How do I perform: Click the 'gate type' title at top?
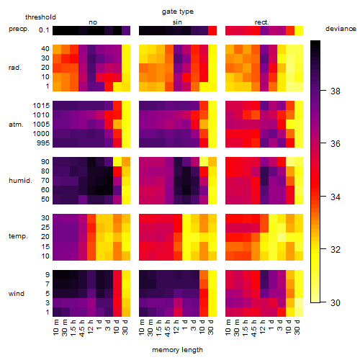click(x=178, y=12)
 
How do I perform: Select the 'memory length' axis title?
click(x=177, y=350)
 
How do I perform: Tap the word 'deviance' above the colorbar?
click(x=341, y=29)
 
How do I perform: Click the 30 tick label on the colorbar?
click(x=336, y=302)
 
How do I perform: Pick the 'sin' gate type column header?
click(x=177, y=22)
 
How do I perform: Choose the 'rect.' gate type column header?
click(x=261, y=22)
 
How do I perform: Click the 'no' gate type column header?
click(x=93, y=22)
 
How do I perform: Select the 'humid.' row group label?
click(x=20, y=181)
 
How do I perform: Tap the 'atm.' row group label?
click(x=16, y=125)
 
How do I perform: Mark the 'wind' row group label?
click(x=17, y=294)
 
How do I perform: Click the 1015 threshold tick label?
click(x=41, y=106)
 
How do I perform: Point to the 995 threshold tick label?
click(x=43, y=143)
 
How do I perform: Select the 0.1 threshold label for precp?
click(x=44, y=30)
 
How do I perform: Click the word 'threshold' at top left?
click(x=40, y=17)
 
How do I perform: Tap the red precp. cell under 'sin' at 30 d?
click(x=212, y=31)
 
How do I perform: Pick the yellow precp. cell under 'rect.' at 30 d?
click(x=299, y=31)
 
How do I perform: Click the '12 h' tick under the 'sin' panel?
click(x=176, y=327)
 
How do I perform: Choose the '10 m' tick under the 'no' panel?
click(x=55, y=327)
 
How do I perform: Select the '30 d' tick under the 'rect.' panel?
click(x=297, y=327)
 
